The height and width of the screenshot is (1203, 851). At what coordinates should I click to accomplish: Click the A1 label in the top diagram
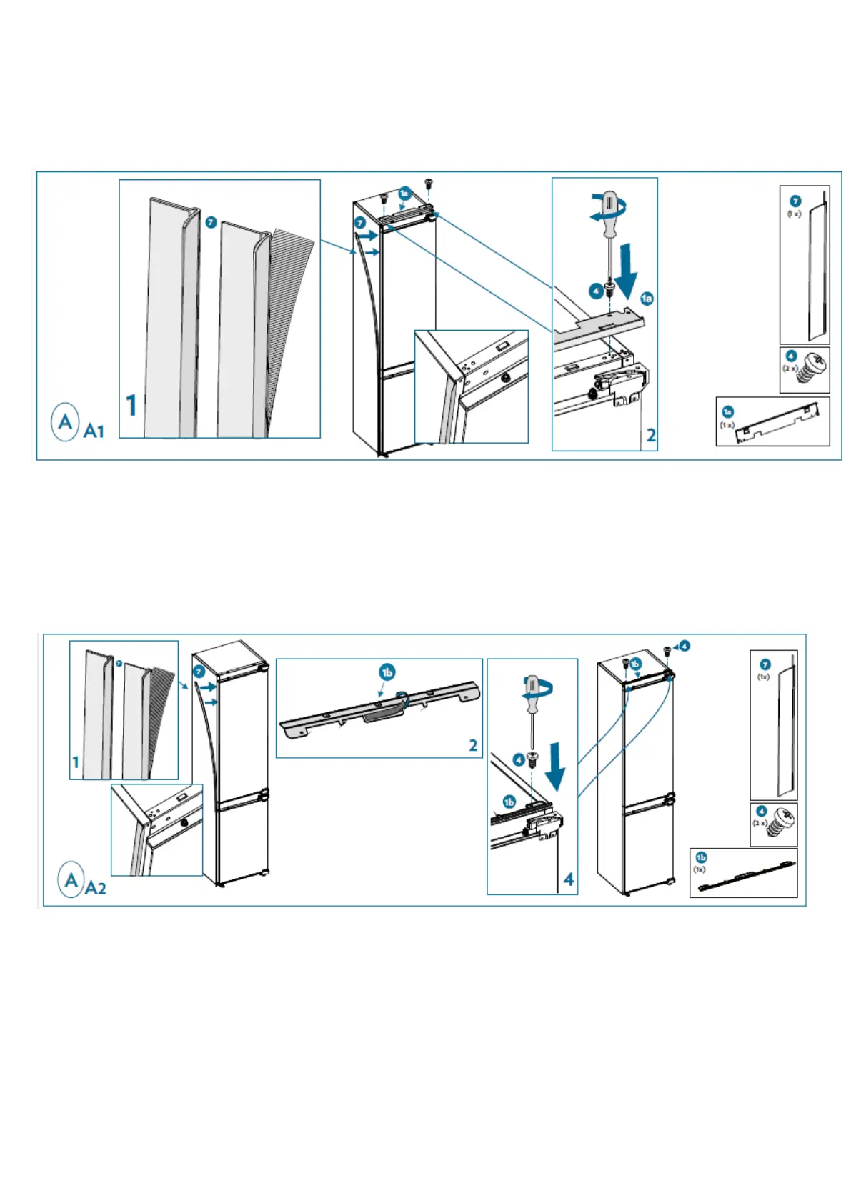click(x=94, y=431)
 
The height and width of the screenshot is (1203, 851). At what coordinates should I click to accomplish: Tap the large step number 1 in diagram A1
click(x=131, y=405)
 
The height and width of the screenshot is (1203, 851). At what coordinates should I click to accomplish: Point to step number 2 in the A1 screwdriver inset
click(x=650, y=434)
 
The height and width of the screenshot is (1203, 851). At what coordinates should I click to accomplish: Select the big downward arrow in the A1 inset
click(x=627, y=271)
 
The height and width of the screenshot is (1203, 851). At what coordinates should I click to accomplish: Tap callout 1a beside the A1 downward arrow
click(x=647, y=299)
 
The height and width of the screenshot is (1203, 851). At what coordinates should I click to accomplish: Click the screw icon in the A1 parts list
click(x=814, y=369)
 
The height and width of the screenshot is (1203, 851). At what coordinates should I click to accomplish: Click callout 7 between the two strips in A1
click(x=211, y=223)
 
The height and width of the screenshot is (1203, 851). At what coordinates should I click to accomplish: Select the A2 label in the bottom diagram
click(x=95, y=888)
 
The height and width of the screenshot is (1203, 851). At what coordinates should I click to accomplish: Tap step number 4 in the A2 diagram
click(x=568, y=879)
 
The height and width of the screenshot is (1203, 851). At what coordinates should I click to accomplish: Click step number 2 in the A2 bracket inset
click(x=473, y=745)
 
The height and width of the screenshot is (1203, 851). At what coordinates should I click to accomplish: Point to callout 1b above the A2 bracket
click(x=387, y=672)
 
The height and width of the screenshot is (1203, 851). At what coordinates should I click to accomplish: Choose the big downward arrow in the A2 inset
click(x=554, y=766)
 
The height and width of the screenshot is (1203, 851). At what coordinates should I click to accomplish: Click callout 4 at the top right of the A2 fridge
click(x=684, y=646)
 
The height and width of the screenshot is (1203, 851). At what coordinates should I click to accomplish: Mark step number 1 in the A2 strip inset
click(x=76, y=762)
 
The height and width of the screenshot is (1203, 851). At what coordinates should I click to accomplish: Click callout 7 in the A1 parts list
click(x=795, y=201)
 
